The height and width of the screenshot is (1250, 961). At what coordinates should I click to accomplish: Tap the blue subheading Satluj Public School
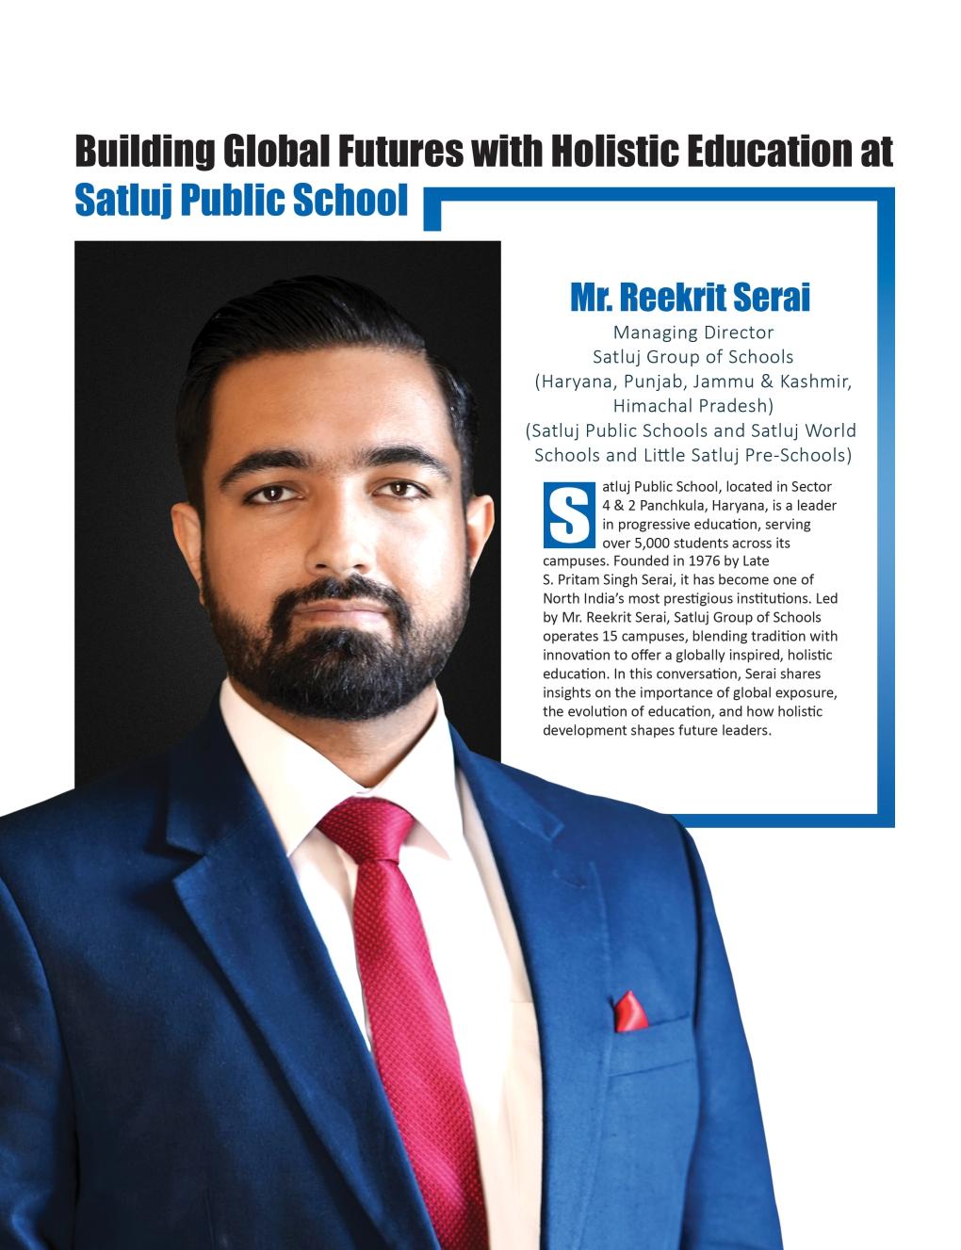click(241, 200)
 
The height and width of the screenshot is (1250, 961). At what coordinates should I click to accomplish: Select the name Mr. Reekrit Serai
click(690, 298)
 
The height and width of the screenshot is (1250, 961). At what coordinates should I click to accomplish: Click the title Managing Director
click(692, 333)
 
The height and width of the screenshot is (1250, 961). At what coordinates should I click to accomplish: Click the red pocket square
click(628, 1009)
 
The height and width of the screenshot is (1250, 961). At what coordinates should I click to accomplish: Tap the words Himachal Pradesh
click(692, 406)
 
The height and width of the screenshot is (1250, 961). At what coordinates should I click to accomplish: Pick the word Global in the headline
click(275, 152)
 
